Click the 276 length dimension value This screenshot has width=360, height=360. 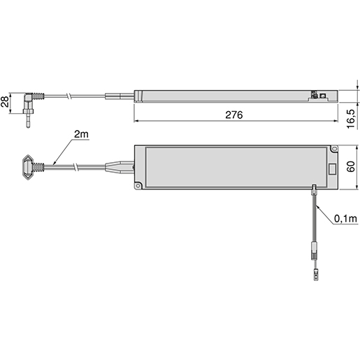coord(235,115)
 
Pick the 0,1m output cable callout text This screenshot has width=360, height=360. coord(345,219)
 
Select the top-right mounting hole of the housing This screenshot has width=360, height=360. coord(333,149)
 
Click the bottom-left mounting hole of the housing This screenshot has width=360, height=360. coord(138,185)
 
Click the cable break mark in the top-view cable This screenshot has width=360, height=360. coord(75,168)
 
